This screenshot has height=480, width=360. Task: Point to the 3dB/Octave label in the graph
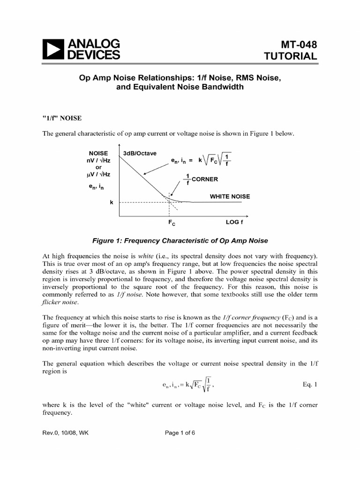coord(140,153)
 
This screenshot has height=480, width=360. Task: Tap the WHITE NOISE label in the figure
coord(230,196)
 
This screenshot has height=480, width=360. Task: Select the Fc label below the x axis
coord(172,224)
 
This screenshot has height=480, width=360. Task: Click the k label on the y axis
coord(112,202)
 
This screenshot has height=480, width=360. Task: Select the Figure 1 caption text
coord(180,240)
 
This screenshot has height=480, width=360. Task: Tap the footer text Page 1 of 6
coord(180,433)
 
